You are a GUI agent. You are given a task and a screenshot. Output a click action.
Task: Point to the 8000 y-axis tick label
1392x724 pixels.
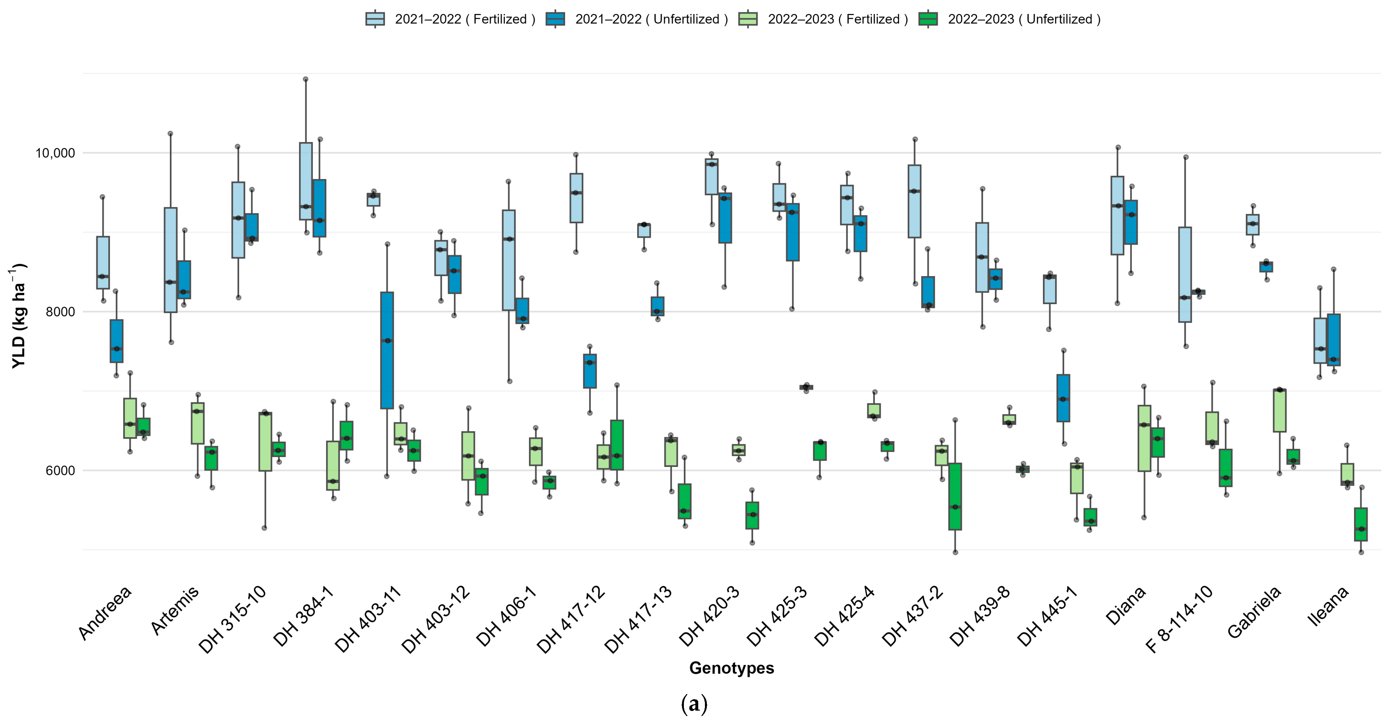60,312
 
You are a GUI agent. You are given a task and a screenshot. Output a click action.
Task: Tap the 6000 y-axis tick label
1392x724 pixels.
60,470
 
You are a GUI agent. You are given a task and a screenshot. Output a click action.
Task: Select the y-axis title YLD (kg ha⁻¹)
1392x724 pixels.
18,316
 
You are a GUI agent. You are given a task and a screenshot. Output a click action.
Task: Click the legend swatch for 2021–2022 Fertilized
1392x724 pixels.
375,19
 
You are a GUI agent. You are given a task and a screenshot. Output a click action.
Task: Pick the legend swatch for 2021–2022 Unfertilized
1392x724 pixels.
555,19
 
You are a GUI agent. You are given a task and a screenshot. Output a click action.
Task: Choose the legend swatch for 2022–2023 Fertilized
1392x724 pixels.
748,19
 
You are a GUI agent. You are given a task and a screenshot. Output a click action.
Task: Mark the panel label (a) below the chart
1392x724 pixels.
694,704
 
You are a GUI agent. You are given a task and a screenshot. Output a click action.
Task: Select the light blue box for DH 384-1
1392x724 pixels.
306,181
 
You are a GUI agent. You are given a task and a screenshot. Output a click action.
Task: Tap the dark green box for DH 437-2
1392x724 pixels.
955,497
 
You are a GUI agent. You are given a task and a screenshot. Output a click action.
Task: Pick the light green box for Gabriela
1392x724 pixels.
1280,410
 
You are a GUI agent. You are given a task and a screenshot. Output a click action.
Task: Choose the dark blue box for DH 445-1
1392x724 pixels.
1063,398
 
